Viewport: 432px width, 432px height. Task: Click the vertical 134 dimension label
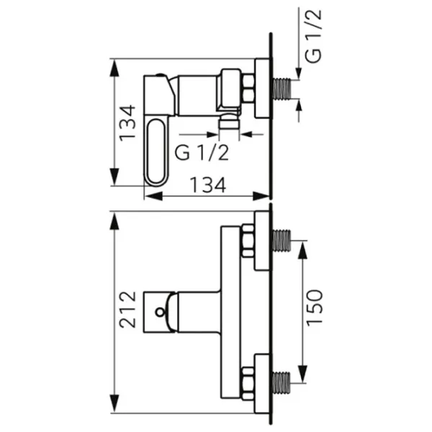coord(127,122)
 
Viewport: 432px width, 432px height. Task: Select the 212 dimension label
coord(127,310)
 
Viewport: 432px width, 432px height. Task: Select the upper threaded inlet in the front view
coord(282,240)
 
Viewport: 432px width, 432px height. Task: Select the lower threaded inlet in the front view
coord(282,379)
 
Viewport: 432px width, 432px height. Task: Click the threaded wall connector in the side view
coord(282,87)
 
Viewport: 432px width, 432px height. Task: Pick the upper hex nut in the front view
coord(247,240)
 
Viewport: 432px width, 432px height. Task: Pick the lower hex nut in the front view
coord(247,380)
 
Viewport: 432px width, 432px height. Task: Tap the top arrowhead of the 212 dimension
coord(114,220)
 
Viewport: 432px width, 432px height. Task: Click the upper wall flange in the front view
coord(262,240)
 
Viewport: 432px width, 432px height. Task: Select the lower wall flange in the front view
coord(262,379)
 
